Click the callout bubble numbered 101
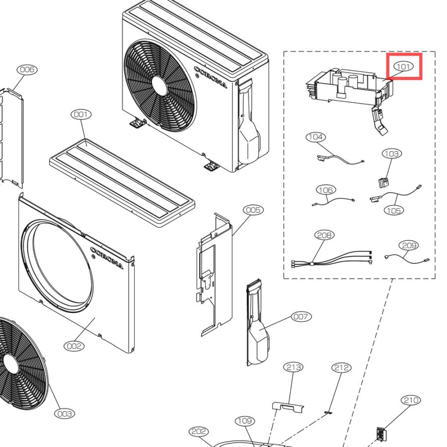403,67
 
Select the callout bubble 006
27,70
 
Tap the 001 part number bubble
81,114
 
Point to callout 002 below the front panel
74,346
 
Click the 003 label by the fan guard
65,414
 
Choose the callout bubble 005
253,210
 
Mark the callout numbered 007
301,316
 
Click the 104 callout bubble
316,137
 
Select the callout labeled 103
392,153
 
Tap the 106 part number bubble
326,190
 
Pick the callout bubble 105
394,211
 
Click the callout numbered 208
324,235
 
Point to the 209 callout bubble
409,245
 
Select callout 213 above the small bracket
294,367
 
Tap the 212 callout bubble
342,368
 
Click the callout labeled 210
411,400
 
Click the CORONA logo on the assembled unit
211,77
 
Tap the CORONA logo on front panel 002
107,258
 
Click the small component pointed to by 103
383,182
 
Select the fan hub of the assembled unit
159,85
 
